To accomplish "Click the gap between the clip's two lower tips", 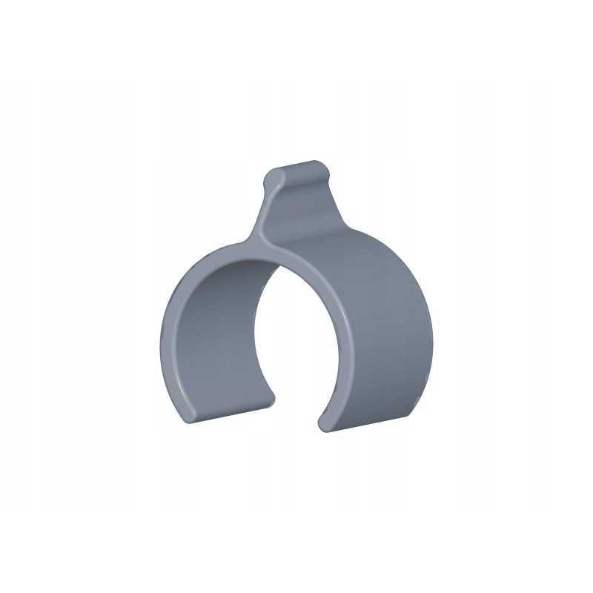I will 296,415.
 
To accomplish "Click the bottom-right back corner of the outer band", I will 408,414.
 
